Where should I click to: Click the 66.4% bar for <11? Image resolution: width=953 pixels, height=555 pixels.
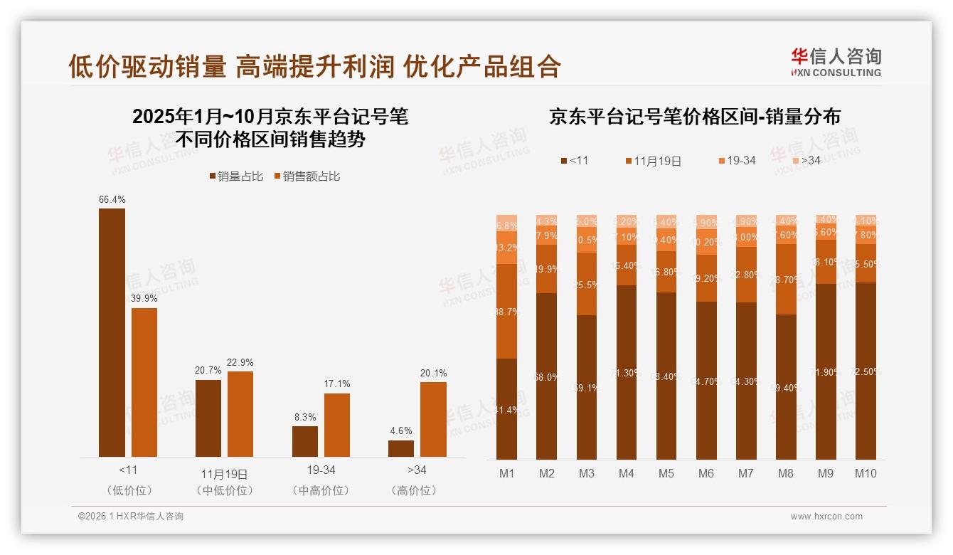pos(112,332)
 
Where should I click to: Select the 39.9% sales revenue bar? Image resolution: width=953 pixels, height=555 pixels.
pos(144,382)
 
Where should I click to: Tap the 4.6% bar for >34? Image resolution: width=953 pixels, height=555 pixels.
pos(401,448)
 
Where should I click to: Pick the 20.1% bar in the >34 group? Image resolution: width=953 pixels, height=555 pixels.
pos(433,419)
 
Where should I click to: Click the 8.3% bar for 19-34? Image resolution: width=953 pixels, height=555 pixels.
pos(305,441)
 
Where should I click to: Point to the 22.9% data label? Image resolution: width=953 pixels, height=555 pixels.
pos(240,363)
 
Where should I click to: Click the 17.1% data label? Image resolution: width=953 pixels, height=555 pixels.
pos(337,384)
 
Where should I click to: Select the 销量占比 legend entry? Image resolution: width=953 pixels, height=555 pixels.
pos(235,176)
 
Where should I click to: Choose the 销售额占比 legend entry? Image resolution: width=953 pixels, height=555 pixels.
pos(307,176)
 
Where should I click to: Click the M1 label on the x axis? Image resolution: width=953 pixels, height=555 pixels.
pos(506,473)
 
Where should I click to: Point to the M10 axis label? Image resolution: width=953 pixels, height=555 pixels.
pos(866,473)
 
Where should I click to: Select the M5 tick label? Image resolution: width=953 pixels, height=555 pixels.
pos(666,473)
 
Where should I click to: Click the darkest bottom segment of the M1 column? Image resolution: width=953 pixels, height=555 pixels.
pos(506,409)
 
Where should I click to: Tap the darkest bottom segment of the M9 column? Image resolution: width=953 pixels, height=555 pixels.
pos(826,371)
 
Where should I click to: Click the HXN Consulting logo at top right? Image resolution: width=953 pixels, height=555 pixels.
pos(836,63)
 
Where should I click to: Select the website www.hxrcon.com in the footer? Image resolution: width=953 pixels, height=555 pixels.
pos(826,517)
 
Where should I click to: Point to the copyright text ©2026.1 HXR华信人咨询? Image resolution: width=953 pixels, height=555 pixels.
pos(131,517)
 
